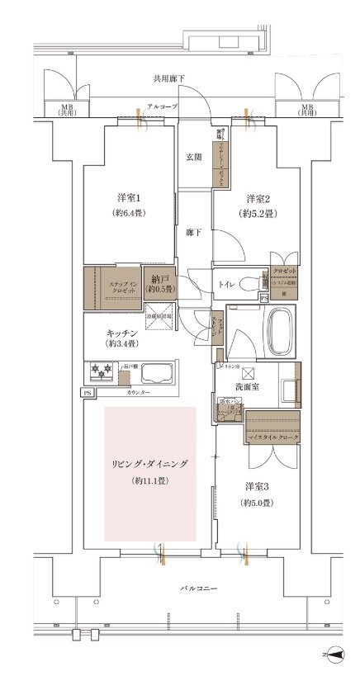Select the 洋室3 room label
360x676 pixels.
(258, 487)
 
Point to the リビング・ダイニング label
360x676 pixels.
(149, 466)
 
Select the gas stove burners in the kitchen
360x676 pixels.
(100, 373)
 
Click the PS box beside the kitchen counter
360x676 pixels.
(87, 393)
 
